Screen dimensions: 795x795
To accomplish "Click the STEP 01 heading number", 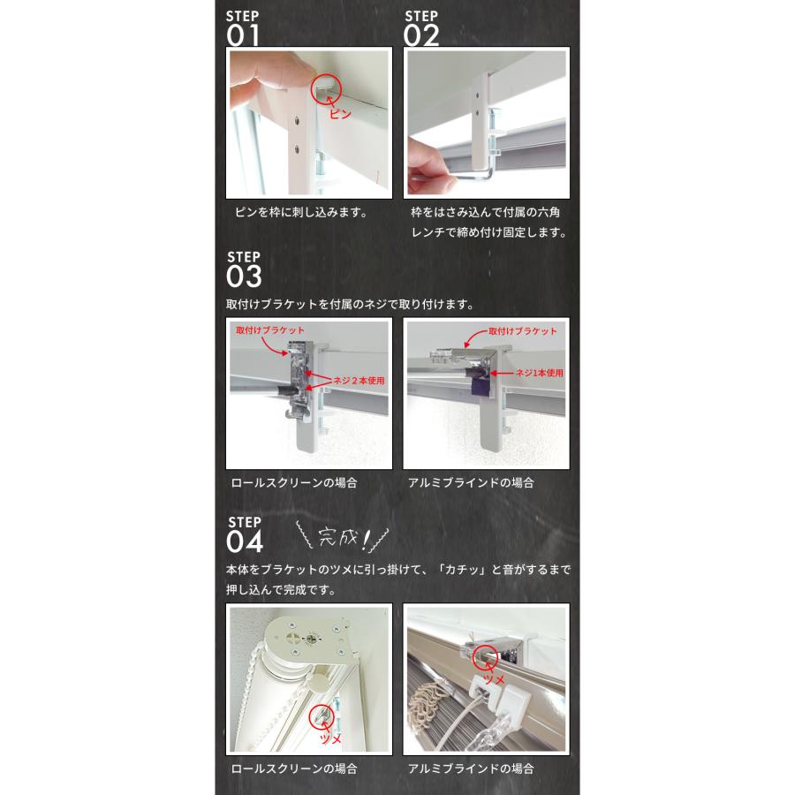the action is pyautogui.click(x=243, y=35).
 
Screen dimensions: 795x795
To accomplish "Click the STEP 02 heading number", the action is pyautogui.click(x=420, y=35).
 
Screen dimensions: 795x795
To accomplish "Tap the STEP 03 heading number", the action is pyautogui.click(x=244, y=276).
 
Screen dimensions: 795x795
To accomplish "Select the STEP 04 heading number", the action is pyautogui.click(x=245, y=541).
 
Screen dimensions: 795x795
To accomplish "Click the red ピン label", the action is pyautogui.click(x=340, y=114).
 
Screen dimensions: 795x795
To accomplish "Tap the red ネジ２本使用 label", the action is pyautogui.click(x=359, y=380).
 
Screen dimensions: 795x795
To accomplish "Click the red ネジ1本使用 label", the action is pyautogui.click(x=540, y=373).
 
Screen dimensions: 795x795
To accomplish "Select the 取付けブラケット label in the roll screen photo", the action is pyautogui.click(x=270, y=330).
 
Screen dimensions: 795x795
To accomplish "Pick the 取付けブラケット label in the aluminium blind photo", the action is pyautogui.click(x=523, y=331).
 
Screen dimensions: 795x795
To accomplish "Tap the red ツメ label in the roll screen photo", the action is pyautogui.click(x=330, y=739).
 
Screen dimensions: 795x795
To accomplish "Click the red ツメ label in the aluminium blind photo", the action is pyautogui.click(x=494, y=678).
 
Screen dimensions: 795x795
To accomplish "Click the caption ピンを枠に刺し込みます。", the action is pyautogui.click(x=301, y=212).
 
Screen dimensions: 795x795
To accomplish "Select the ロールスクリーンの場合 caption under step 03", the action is pyautogui.click(x=294, y=482).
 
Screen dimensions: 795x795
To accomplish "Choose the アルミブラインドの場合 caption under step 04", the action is pyautogui.click(x=471, y=768).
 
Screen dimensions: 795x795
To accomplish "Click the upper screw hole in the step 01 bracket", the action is pyautogui.click(x=297, y=121).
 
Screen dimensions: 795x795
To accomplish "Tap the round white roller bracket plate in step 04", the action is pyautogui.click(x=309, y=640).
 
